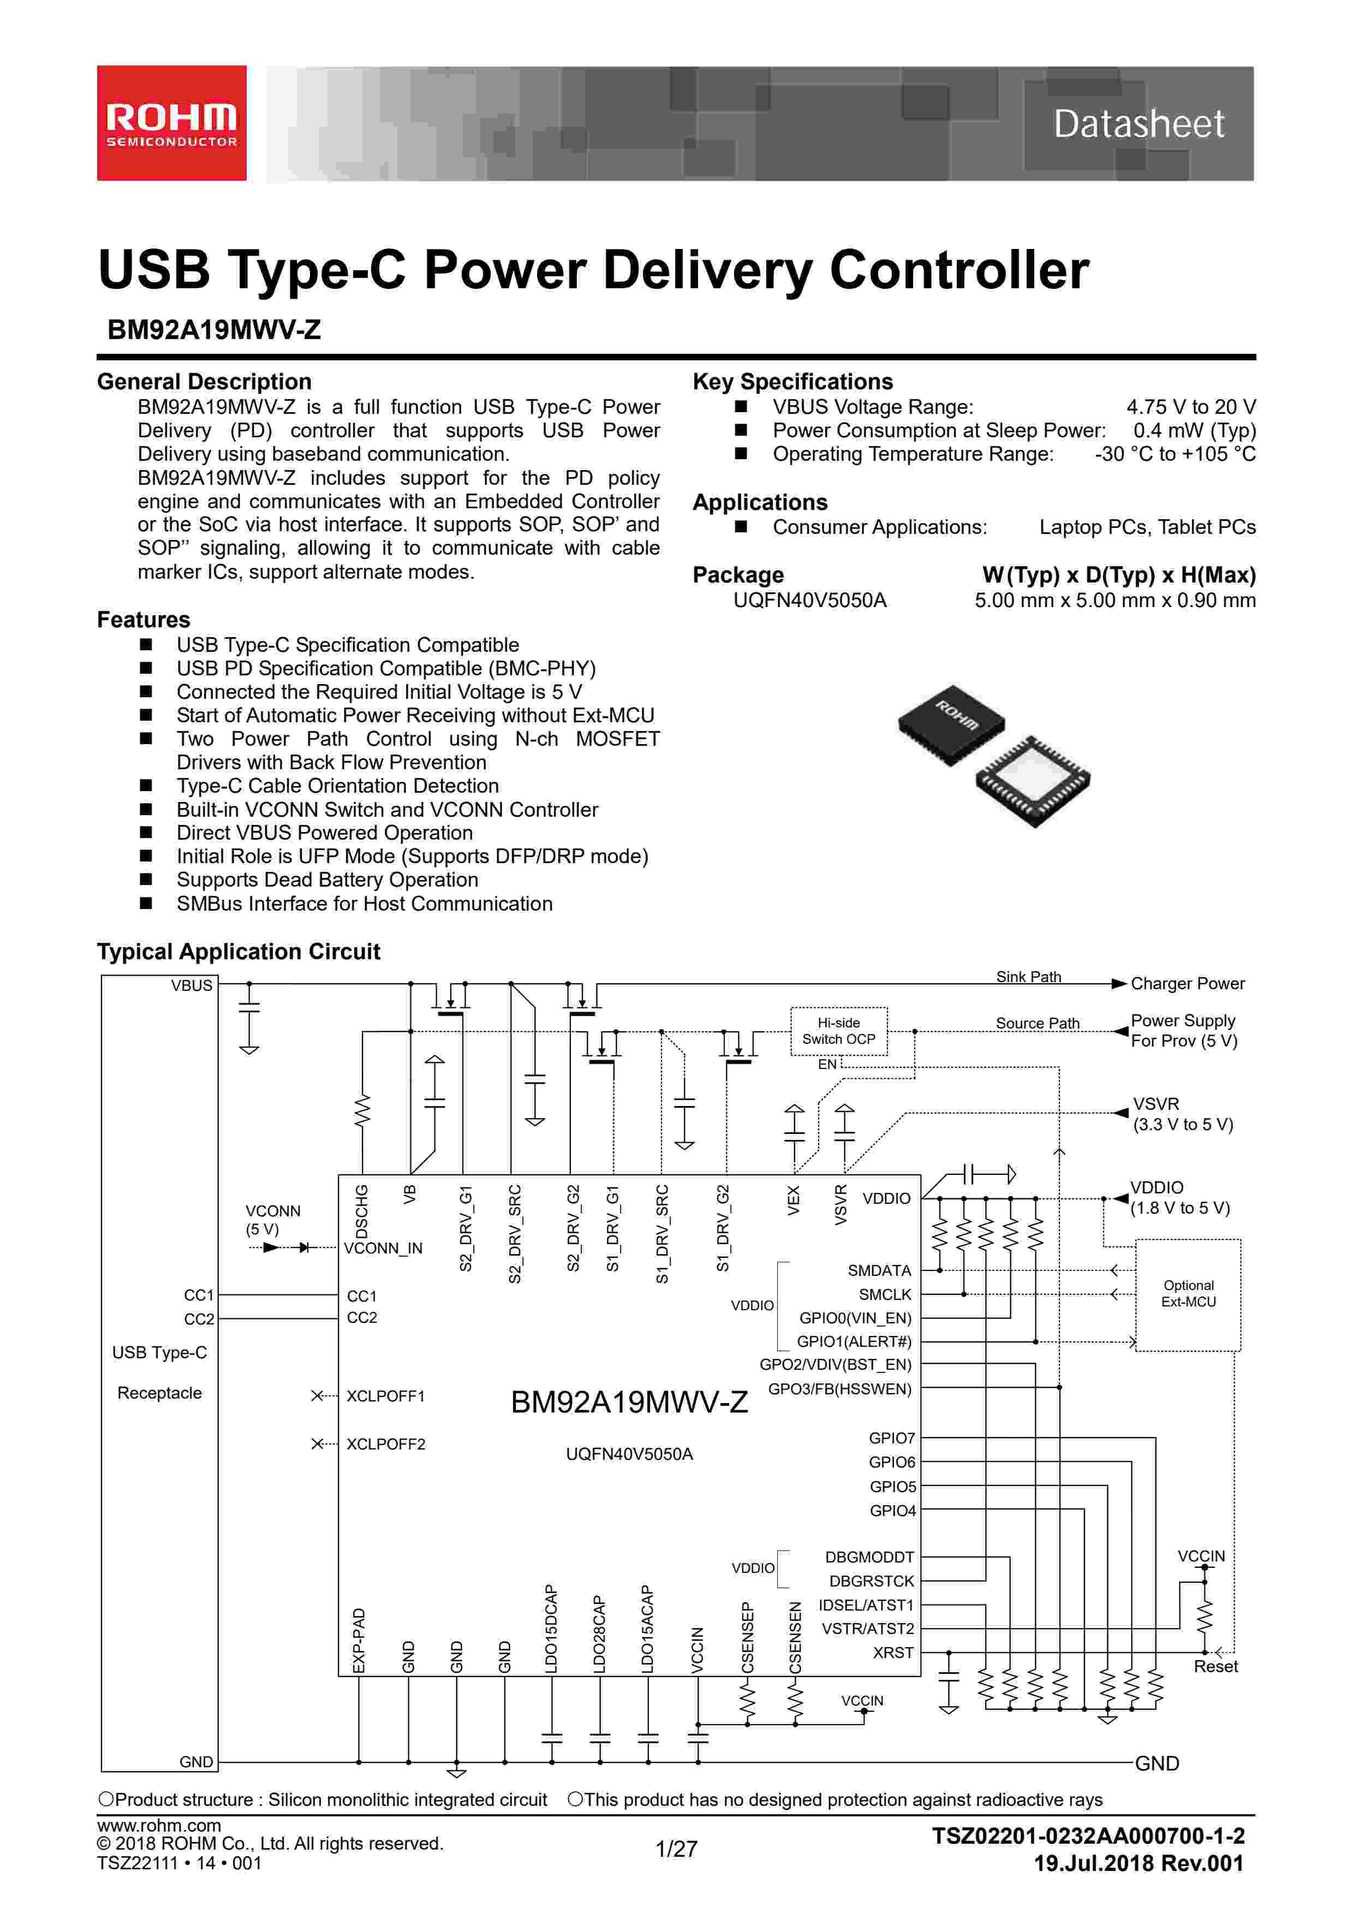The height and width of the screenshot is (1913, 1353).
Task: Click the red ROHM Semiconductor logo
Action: pyautogui.click(x=171, y=123)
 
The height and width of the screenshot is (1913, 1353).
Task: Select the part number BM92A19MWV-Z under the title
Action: pyautogui.click(x=214, y=330)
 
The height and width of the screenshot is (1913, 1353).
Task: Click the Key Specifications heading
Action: pyautogui.click(x=792, y=382)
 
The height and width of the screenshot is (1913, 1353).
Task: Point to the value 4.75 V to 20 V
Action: pyautogui.click(x=1190, y=407)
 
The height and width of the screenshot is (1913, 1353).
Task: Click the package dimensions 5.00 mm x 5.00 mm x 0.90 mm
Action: pyautogui.click(x=1114, y=600)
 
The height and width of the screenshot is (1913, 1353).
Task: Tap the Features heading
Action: pyautogui.click(x=144, y=619)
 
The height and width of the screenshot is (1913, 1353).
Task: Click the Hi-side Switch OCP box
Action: pyautogui.click(x=838, y=1031)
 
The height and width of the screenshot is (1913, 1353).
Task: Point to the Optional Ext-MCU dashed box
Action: pyautogui.click(x=1188, y=1294)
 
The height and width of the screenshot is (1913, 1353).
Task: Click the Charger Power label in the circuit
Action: pyautogui.click(x=1187, y=983)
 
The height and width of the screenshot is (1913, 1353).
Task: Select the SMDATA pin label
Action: pyautogui.click(x=879, y=1270)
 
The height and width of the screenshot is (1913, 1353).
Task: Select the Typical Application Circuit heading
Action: pyautogui.click(x=239, y=952)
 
